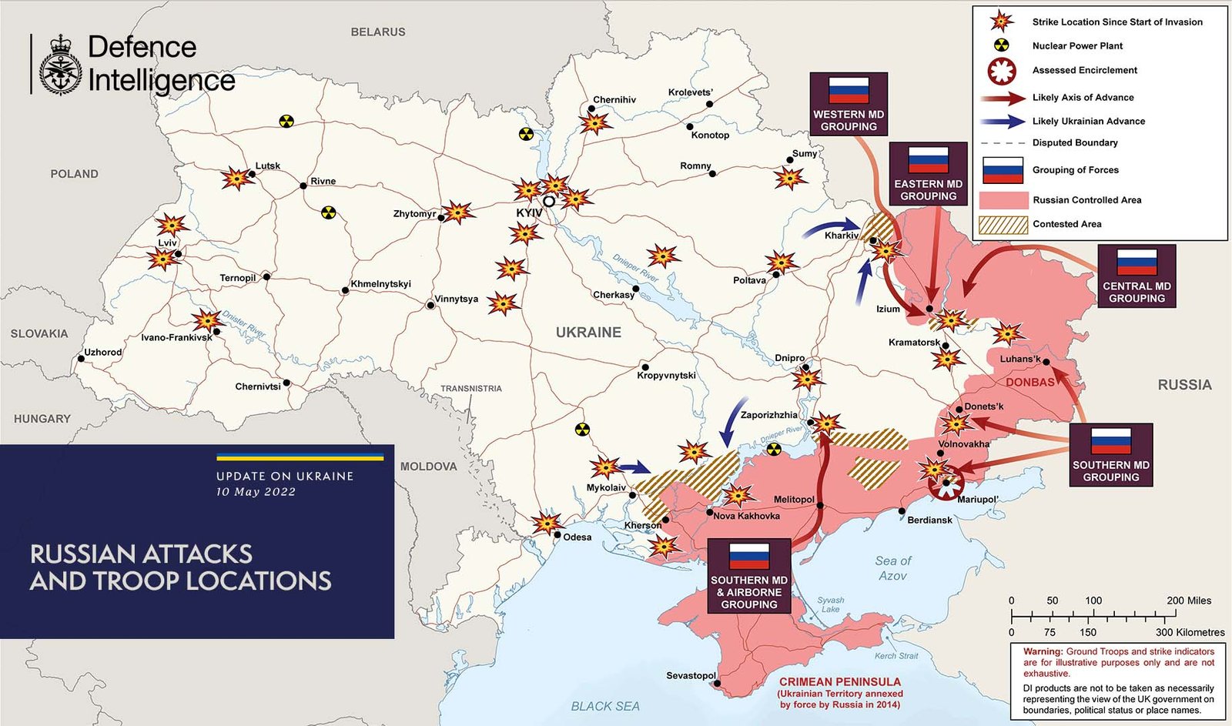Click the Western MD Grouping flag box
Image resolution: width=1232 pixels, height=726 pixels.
click(x=849, y=104)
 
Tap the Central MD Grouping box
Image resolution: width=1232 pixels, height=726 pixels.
click(x=1137, y=276)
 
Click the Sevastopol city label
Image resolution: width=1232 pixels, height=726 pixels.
click(x=691, y=675)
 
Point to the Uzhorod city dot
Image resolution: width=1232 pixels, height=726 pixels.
click(x=81, y=359)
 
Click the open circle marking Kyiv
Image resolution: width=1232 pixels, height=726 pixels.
click(x=549, y=201)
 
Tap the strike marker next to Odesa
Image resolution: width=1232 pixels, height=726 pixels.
click(x=547, y=524)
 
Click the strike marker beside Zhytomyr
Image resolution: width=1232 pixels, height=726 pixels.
click(x=457, y=212)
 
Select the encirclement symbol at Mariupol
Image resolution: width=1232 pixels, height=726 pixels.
click(x=946, y=485)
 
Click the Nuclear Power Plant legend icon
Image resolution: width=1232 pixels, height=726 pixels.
click(x=1001, y=45)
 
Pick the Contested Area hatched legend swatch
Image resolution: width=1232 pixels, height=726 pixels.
click(x=1003, y=224)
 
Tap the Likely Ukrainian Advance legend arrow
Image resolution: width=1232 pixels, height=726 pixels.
click(x=1003, y=121)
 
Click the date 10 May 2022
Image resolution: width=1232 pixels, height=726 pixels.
click(x=256, y=492)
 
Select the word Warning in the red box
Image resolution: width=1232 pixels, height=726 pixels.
click(x=1043, y=651)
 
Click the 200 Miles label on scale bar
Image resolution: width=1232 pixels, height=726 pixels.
click(x=1188, y=601)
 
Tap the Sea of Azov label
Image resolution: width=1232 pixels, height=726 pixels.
click(x=892, y=568)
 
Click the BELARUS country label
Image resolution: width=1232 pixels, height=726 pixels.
click(x=377, y=32)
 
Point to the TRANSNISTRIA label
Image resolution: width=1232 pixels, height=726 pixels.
click(x=470, y=389)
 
